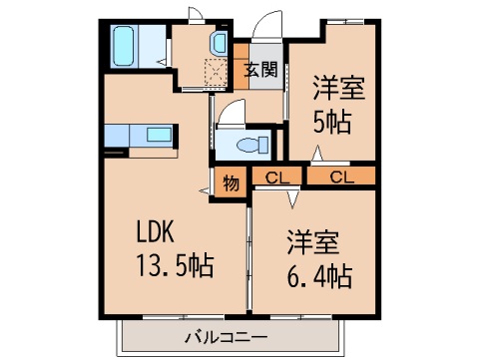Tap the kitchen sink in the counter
coord(158,134)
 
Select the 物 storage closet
coord(231,181)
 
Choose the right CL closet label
coord(341,178)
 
